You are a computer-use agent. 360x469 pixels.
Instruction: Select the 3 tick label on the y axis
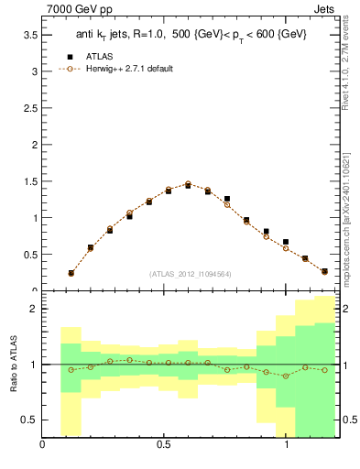click(x=34, y=71)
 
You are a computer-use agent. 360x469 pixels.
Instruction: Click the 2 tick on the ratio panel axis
click(x=34, y=310)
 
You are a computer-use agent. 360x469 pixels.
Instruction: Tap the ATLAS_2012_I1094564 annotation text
click(x=191, y=274)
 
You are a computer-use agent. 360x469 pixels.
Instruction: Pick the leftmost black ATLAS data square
click(x=71, y=273)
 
